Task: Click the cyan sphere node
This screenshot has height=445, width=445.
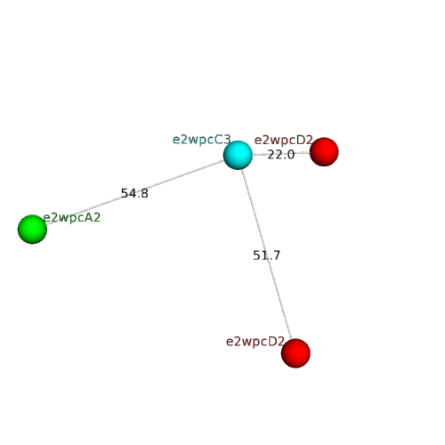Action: point(238,155)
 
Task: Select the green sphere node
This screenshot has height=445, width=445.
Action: point(32,230)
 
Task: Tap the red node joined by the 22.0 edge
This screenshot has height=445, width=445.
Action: point(324,152)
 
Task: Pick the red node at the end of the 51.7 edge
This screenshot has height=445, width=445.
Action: point(295,353)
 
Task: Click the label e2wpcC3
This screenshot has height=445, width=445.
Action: point(202,140)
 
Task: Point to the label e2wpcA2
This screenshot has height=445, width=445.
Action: point(72,218)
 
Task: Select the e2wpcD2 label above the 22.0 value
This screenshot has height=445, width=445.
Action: point(284,140)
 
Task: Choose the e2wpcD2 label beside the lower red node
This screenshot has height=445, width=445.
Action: point(255,342)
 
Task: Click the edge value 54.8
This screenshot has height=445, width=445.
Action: point(134,193)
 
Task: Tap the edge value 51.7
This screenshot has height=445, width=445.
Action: point(266,255)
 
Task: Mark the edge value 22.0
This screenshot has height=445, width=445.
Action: point(281,155)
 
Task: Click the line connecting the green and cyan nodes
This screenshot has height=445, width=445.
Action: point(135,192)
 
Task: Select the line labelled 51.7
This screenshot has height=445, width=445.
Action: point(266,255)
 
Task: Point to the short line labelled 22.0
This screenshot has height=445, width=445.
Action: point(281,154)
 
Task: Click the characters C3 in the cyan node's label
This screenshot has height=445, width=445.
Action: point(223,140)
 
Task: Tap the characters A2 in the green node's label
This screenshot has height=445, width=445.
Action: point(93,218)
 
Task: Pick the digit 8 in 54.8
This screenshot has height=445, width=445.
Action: point(144,193)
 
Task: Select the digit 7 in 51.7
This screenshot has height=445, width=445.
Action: point(276,255)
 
